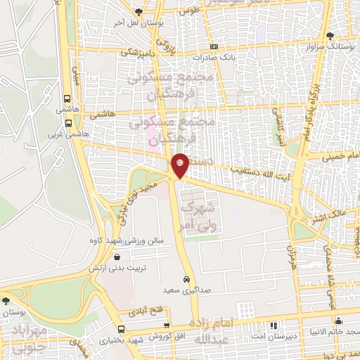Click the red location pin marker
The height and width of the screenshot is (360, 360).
[181, 165]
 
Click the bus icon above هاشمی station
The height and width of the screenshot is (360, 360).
[67, 99]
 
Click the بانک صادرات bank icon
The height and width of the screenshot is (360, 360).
[214, 46]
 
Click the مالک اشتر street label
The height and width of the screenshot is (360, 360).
[330, 211]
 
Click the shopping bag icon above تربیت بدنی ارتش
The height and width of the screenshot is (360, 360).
[127, 257]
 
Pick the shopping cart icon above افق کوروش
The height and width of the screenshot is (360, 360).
[166, 326]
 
